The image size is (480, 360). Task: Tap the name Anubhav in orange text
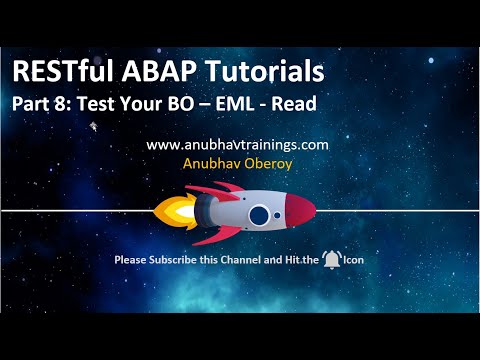tap(211, 161)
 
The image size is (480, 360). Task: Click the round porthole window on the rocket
tap(260, 214)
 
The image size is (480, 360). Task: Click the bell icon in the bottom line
tap(333, 260)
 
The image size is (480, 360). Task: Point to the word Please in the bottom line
tap(130, 261)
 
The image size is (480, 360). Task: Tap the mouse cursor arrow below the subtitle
tap(93, 127)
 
